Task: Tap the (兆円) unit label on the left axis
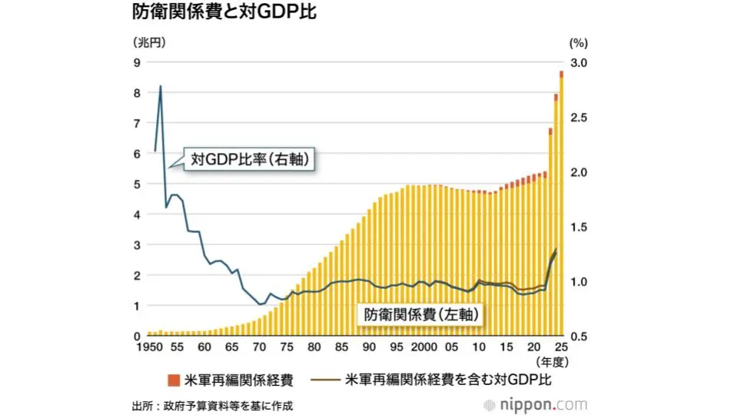[x=149, y=42]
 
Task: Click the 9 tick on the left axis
[x=137, y=62]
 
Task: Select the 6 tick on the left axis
[x=137, y=154]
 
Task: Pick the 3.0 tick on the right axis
[x=579, y=62]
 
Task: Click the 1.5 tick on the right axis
[x=579, y=227]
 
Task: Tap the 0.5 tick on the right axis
[x=579, y=337]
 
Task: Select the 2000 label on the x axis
[x=424, y=347]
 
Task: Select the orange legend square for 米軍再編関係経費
[x=172, y=380]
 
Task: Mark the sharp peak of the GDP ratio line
[x=160, y=86]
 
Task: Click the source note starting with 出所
[x=212, y=406]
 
